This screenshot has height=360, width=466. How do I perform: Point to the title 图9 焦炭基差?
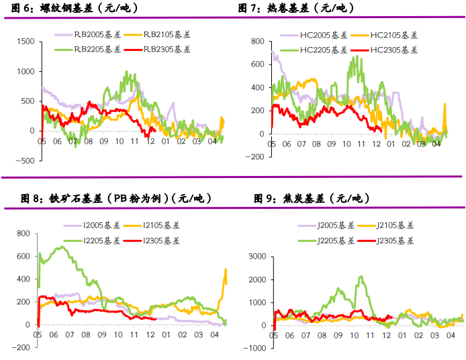310,198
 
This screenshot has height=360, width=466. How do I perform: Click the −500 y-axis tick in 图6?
25,161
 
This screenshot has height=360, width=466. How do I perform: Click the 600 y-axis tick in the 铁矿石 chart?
24,257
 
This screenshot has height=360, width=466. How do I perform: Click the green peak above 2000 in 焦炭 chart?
361,276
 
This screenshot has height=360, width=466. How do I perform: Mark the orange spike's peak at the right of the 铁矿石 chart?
225,269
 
